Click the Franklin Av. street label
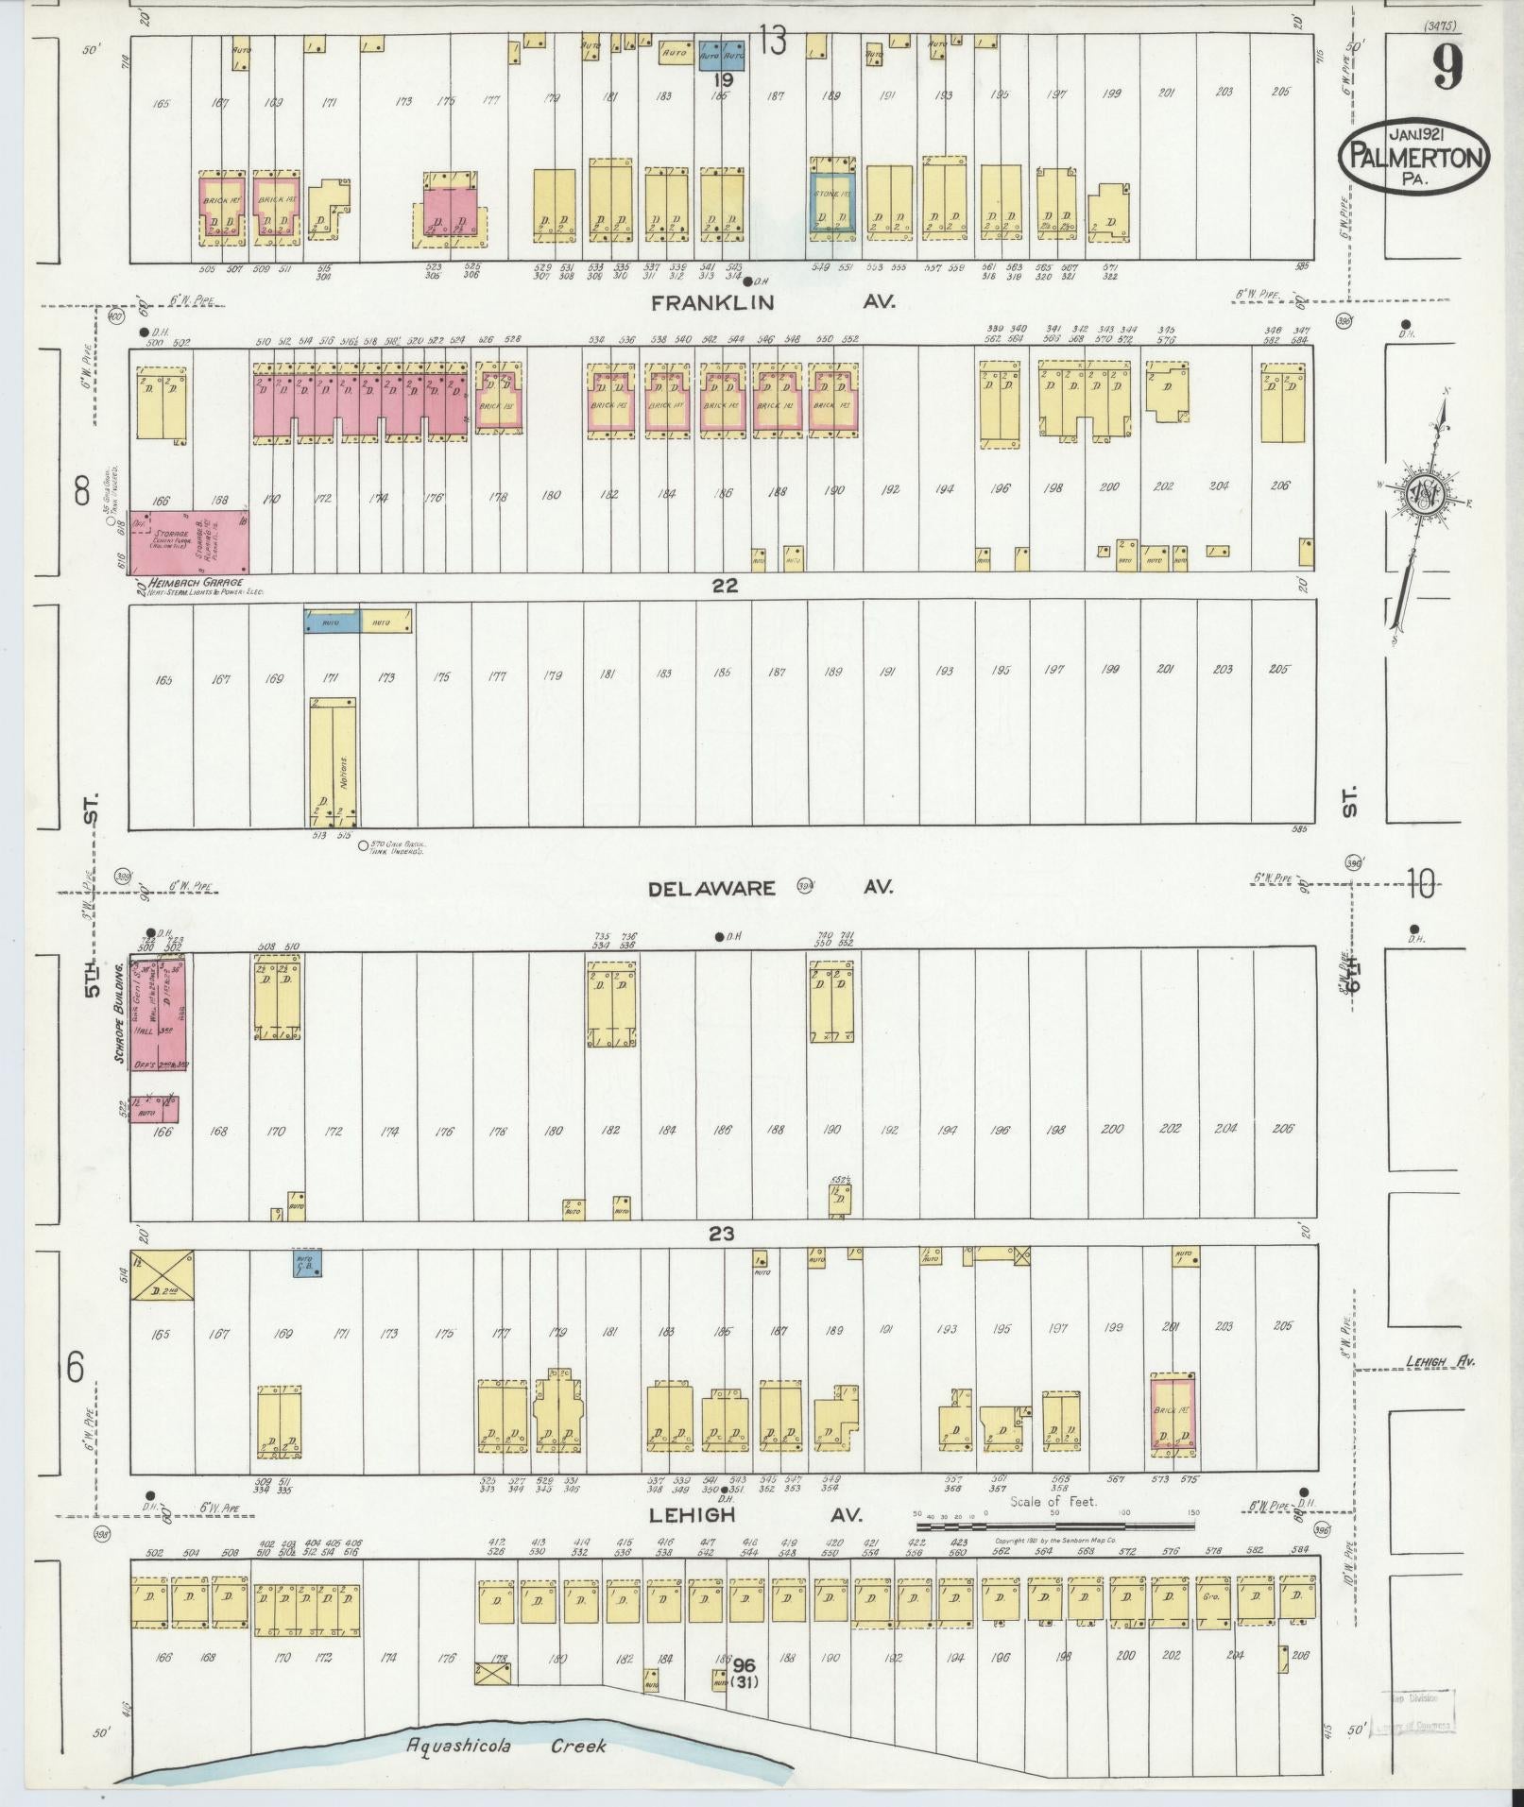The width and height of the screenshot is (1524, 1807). click(771, 302)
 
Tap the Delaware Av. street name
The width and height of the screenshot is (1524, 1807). click(769, 888)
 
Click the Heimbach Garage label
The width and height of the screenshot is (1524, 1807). click(188, 583)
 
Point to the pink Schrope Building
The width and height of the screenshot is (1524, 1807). click(158, 1011)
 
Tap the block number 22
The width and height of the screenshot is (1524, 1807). click(725, 586)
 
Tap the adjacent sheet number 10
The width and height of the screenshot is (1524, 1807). click(1419, 886)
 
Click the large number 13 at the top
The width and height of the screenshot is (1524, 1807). click(771, 42)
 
